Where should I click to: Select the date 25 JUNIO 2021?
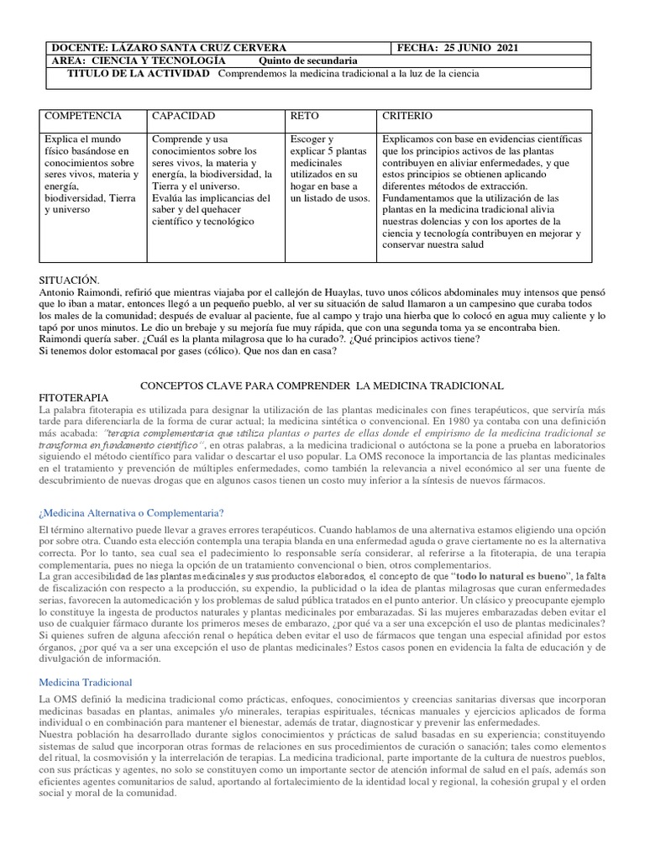pyautogui.click(x=487, y=48)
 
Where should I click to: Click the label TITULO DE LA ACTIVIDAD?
pyautogui.click(x=139, y=74)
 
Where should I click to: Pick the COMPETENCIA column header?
pyautogui.click(x=82, y=116)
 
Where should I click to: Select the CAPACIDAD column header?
pyautogui.click(x=184, y=116)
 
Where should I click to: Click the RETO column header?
pyautogui.click(x=304, y=116)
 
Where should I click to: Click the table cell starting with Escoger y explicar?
pyautogui.click(x=329, y=168)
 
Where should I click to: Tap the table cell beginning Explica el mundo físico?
pyautogui.click(x=89, y=174)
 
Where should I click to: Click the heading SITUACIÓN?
pyautogui.click(x=70, y=279)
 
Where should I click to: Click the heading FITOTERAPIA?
pyautogui.click(x=74, y=396)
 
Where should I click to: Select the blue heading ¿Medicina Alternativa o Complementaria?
pyautogui.click(x=131, y=513)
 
